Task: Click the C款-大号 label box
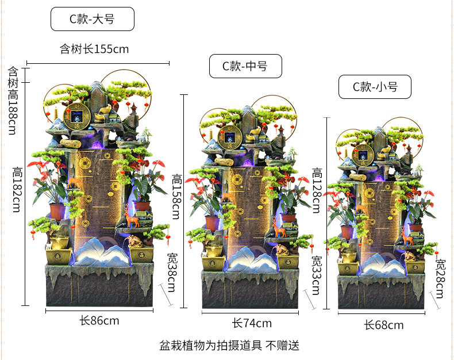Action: pos(92,19)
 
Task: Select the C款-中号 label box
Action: pos(245,66)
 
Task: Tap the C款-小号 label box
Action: pos(375,87)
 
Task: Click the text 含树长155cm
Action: pos(94,49)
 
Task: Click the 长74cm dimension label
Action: pos(252,323)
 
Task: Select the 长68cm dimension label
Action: pos(383,325)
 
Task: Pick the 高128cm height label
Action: pos(317,190)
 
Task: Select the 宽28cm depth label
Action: pos(440,278)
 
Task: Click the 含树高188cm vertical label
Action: pos(13,101)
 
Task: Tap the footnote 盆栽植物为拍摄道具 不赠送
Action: pos(229,346)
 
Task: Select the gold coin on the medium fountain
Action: pos(232,137)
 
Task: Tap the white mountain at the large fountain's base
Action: pos(99,252)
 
